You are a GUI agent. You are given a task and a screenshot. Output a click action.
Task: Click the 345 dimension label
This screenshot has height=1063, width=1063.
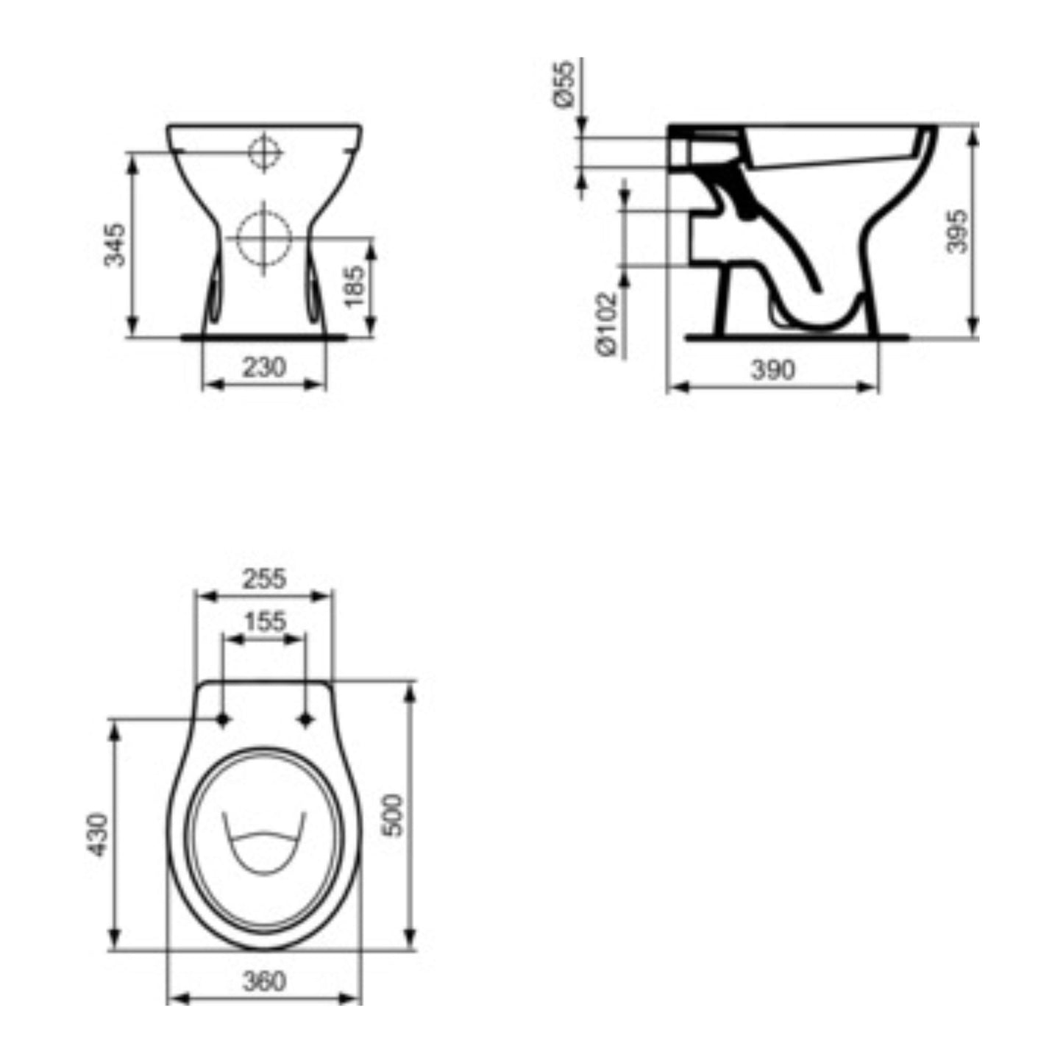click(115, 244)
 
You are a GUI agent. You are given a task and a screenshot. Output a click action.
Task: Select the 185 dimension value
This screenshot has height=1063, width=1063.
click(354, 285)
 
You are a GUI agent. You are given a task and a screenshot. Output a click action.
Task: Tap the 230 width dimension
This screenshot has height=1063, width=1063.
click(264, 367)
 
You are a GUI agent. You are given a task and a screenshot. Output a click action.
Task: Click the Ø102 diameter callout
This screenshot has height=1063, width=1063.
click(605, 324)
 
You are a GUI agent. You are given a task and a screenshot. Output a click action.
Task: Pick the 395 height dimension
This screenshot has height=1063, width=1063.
click(957, 230)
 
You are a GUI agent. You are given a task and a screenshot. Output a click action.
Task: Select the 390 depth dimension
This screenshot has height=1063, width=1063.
click(773, 370)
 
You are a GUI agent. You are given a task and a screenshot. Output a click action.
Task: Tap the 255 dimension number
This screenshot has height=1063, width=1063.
click(265, 579)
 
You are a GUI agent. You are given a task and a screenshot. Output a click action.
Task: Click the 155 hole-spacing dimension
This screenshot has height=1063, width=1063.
click(265, 622)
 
